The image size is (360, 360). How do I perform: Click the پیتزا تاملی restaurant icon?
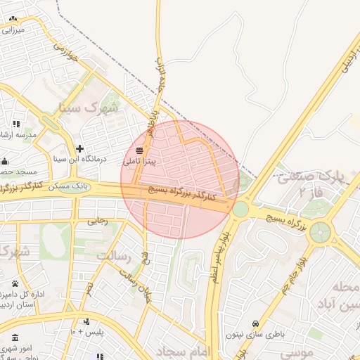[139, 150]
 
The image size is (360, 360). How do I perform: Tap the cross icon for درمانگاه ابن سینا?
[79, 149]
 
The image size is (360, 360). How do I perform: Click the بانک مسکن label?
[70, 185]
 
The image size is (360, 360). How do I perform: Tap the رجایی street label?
[97, 221]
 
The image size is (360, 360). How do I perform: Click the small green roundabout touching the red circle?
[240, 209]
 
